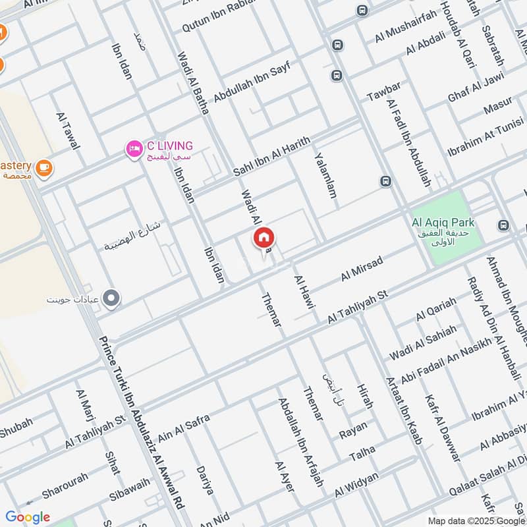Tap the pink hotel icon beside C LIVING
[x=134, y=149]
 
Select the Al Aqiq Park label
[x=443, y=222]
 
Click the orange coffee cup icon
[x=44, y=168]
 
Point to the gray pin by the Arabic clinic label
[x=112, y=298]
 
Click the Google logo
[x=28, y=517]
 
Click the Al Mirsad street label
[x=362, y=269]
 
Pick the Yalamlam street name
[x=325, y=176]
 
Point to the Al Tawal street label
[x=69, y=130]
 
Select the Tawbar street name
[x=383, y=92]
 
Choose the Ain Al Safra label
[x=184, y=428]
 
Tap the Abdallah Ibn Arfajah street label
[x=300, y=442]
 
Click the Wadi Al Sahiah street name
[x=422, y=343]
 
